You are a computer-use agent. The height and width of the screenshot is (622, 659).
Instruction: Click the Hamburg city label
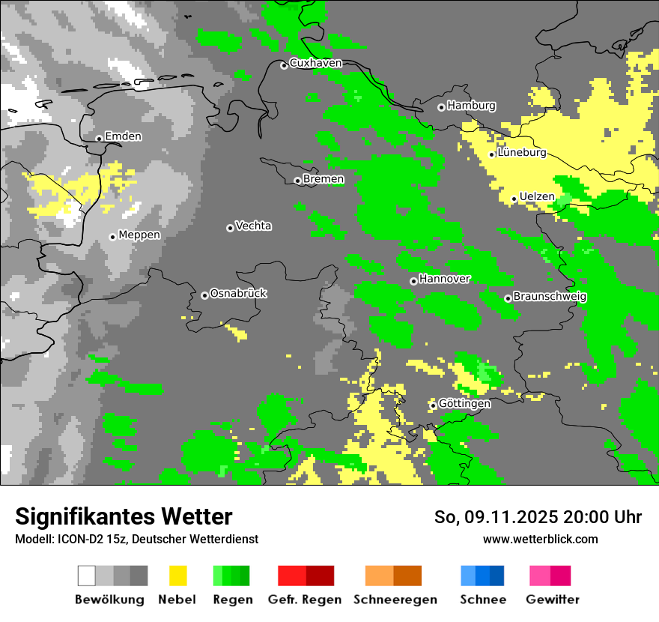pyautogui.click(x=471, y=106)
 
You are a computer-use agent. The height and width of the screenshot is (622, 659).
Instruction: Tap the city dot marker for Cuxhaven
pyautogui.click(x=284, y=66)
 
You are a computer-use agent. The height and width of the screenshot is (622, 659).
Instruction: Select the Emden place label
pyautogui.click(x=123, y=136)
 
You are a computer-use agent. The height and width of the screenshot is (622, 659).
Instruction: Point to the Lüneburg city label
pyautogui.click(x=521, y=152)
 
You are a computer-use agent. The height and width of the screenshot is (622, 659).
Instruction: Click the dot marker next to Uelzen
pyautogui.click(x=514, y=199)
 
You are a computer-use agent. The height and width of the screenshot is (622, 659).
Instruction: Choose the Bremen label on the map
pyautogui.click(x=323, y=179)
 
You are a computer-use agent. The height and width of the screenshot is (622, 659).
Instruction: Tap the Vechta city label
pyautogui.click(x=253, y=226)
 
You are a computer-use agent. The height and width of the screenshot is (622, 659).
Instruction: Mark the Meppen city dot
pyautogui.click(x=112, y=237)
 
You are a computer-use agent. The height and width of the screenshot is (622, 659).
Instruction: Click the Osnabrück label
pyautogui.click(x=238, y=293)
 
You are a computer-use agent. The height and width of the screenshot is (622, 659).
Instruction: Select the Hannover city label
pyautogui.click(x=444, y=279)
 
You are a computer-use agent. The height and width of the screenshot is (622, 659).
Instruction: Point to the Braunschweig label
pyautogui.click(x=550, y=296)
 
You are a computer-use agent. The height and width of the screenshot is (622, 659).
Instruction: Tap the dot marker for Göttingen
pyautogui.click(x=433, y=405)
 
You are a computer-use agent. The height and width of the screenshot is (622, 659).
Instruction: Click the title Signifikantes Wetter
pyautogui.click(x=124, y=516)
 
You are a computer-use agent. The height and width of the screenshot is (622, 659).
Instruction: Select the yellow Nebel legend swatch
pyautogui.click(x=178, y=576)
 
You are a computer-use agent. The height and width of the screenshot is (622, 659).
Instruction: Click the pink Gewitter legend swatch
pyautogui.click(x=550, y=576)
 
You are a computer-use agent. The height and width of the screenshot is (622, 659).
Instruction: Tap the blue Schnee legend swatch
pyautogui.click(x=482, y=576)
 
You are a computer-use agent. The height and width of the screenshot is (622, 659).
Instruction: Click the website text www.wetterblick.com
pyautogui.click(x=540, y=539)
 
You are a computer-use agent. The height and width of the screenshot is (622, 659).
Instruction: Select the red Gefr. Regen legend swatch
pyautogui.click(x=306, y=576)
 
